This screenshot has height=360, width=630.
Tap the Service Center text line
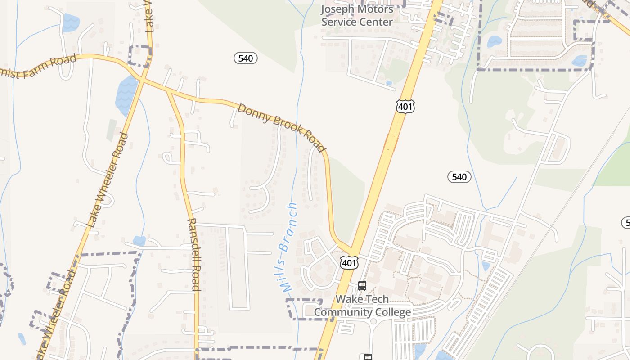click(x=357, y=21)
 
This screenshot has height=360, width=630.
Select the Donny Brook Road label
click(x=282, y=128)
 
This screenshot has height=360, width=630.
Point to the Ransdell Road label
click(x=193, y=254)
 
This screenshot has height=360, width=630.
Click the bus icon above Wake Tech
click(x=362, y=285)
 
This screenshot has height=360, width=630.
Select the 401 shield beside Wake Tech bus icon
click(x=349, y=263)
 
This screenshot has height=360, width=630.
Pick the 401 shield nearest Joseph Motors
click(x=405, y=107)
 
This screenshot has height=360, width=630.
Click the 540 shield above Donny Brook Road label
click(x=246, y=58)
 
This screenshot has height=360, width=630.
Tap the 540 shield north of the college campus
click(x=459, y=177)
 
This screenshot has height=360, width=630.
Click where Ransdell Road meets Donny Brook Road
click(x=169, y=92)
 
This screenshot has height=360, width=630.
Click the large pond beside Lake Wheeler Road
click(x=126, y=95)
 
